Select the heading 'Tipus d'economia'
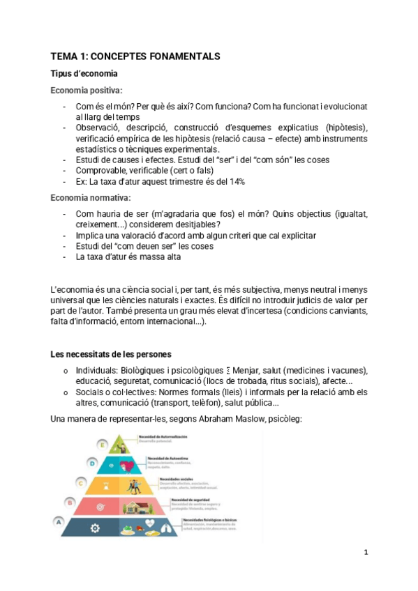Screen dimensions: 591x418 tap(84, 73)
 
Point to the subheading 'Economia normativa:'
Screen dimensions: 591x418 tap(91, 198)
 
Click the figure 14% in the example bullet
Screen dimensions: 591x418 tap(236, 181)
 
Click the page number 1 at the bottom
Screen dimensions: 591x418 tap(365, 552)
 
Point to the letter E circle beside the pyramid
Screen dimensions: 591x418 tap(102, 443)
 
